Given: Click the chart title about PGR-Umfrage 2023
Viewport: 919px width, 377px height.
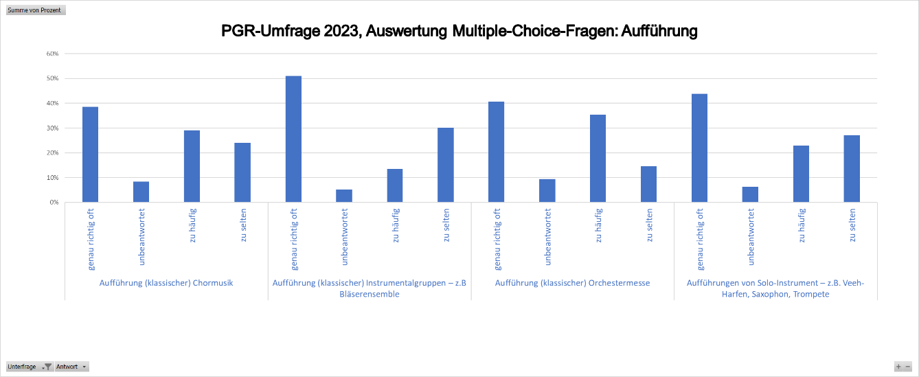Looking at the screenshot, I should coord(459,32).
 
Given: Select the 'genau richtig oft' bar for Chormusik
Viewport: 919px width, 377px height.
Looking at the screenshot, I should coord(90,155).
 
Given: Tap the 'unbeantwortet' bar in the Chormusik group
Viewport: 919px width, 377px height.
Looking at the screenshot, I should coord(141,192).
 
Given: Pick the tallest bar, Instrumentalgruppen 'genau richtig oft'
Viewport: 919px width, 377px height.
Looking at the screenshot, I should coord(293,139).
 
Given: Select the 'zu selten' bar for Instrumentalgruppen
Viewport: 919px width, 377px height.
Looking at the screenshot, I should coord(446,165).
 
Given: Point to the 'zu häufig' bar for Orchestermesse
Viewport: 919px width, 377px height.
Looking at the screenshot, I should coord(598,159).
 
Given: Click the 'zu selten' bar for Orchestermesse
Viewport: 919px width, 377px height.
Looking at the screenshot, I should coord(648,184).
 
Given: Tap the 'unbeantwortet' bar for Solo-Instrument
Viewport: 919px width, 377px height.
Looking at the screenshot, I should coord(750,194).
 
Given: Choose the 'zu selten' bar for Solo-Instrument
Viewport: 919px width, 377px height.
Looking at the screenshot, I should coord(852,169).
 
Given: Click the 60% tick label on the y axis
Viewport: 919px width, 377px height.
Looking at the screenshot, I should coord(52,54).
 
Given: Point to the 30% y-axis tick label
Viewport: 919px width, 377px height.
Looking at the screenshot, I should coord(52,128).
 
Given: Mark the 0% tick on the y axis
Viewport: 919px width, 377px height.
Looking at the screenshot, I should coord(54,203).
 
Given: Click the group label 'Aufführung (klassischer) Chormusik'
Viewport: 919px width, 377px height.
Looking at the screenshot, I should coord(166,283).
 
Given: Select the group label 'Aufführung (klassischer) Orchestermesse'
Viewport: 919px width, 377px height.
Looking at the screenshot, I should coord(572,283).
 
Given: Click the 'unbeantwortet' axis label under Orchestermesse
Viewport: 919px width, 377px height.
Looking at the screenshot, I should coord(547,237).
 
